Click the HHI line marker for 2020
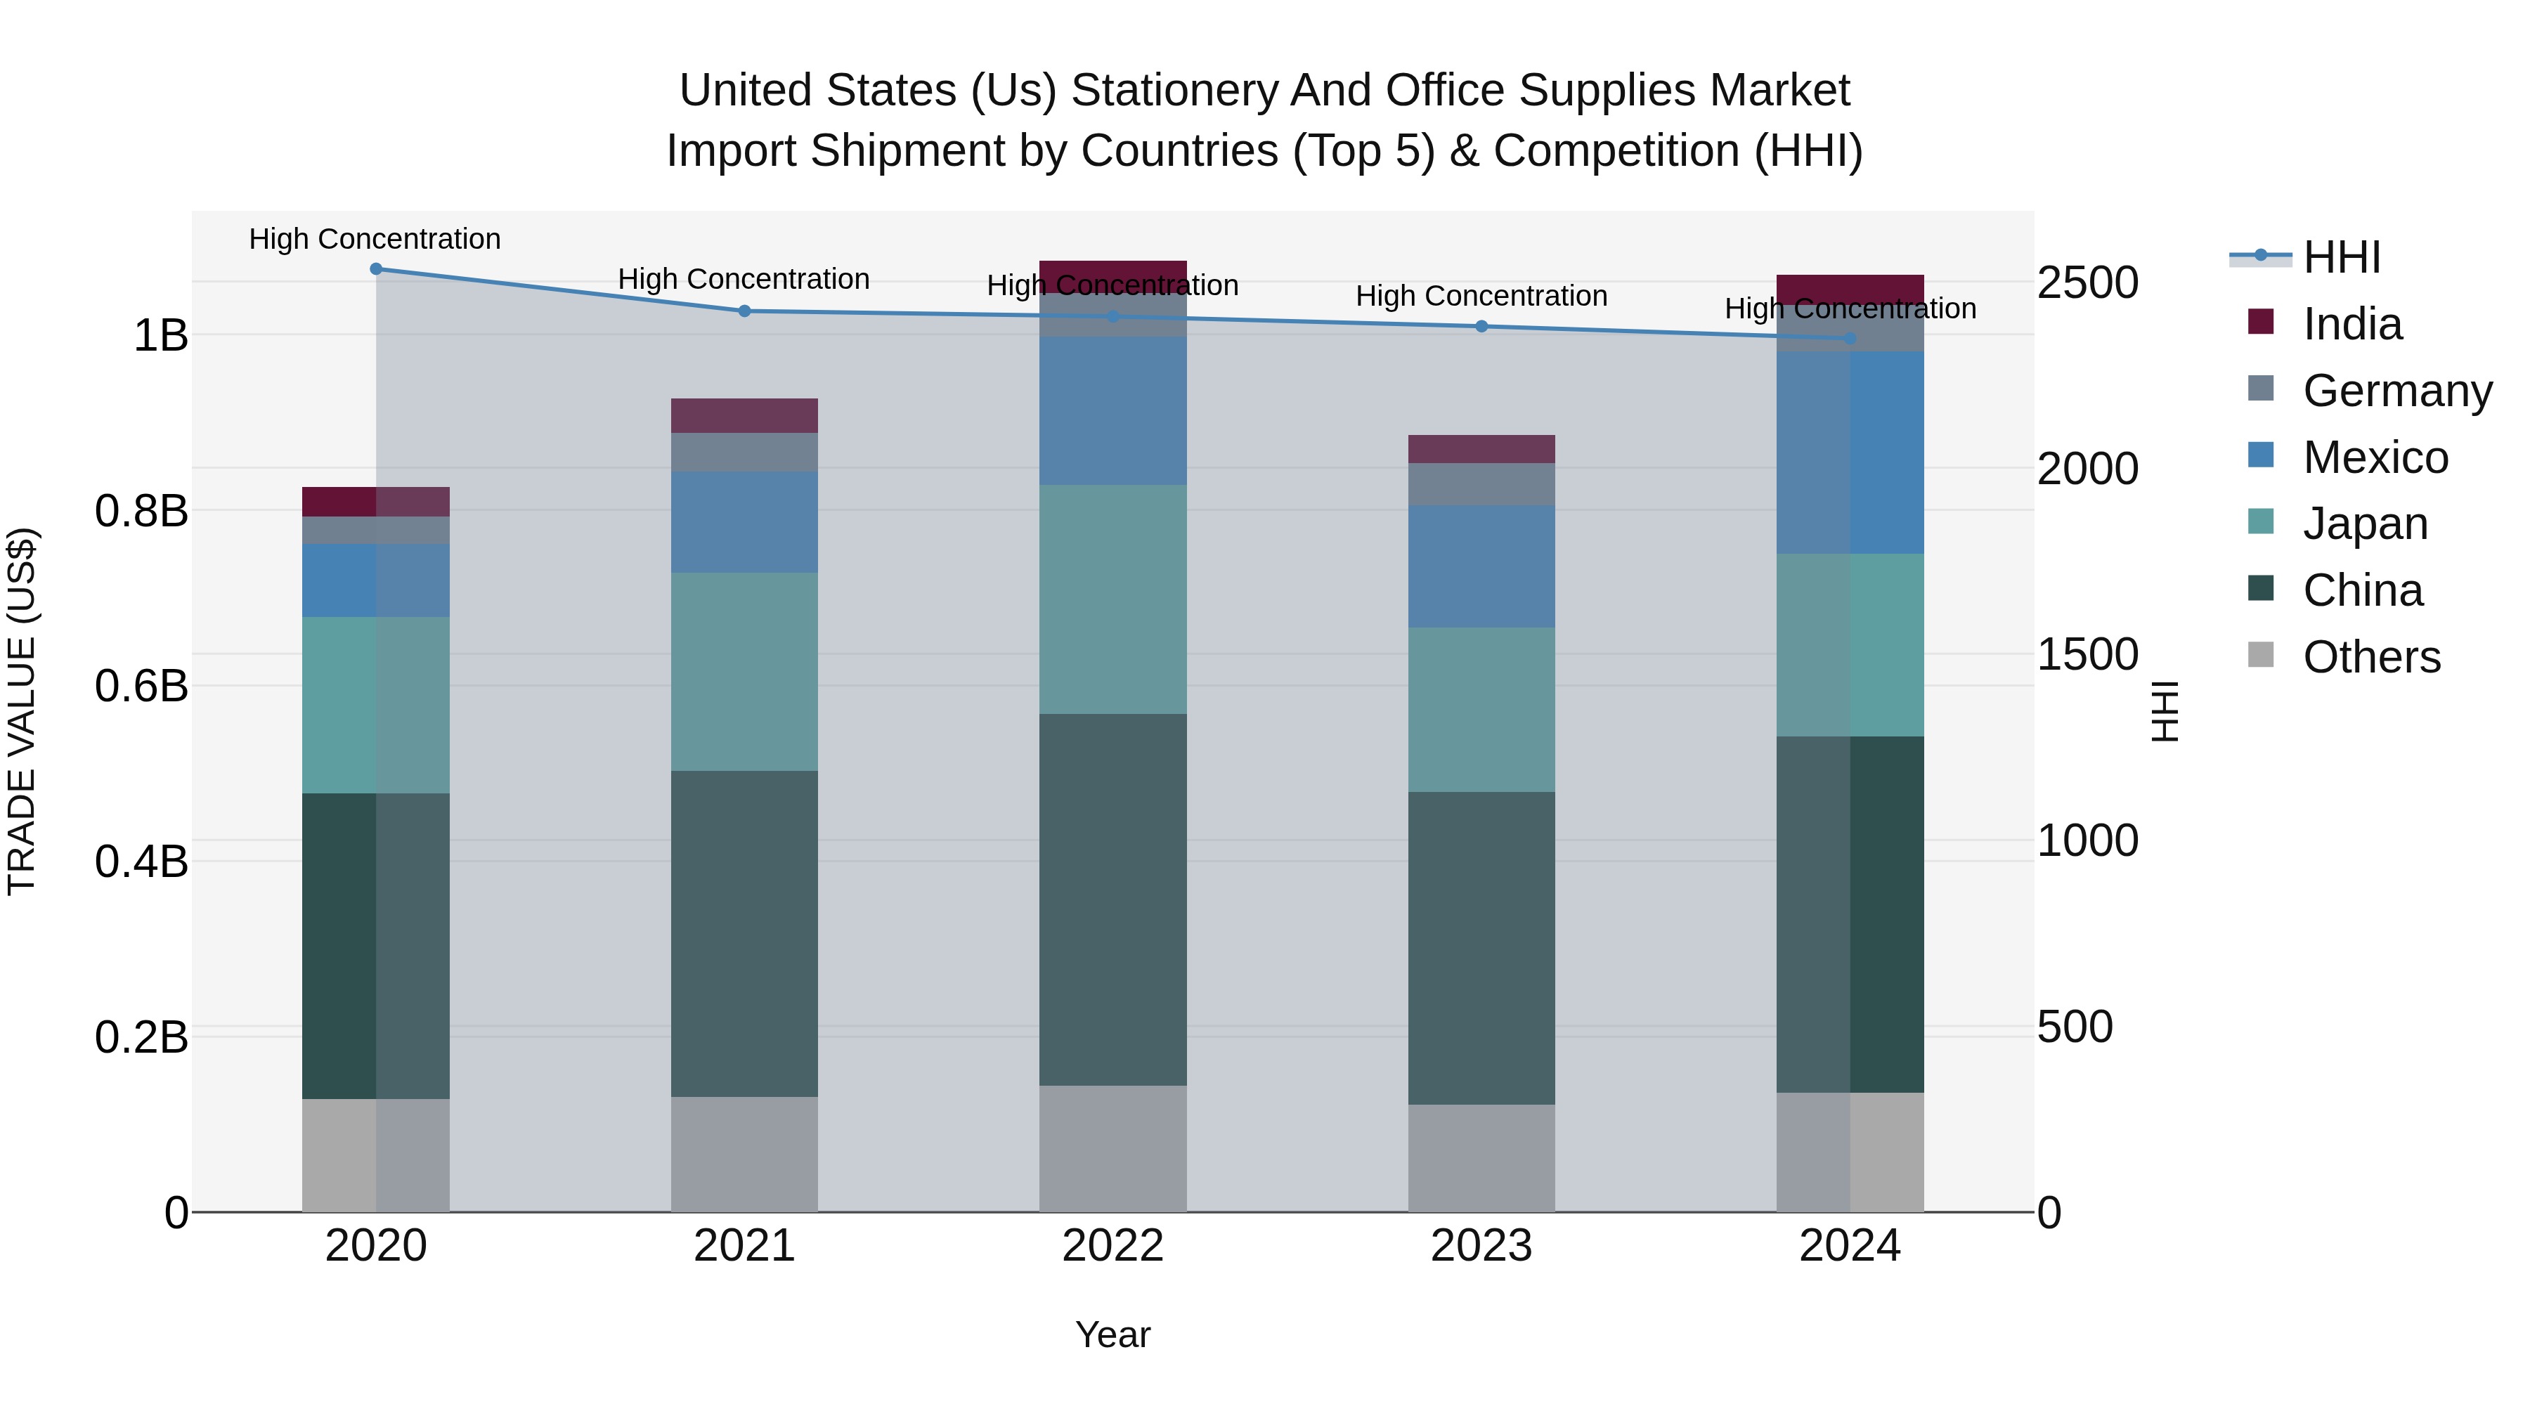(x=375, y=269)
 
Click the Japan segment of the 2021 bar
(x=744, y=671)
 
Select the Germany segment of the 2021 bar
(x=744, y=452)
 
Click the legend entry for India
(x=2351, y=324)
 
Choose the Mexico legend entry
(x=2375, y=457)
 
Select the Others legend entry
(x=2371, y=657)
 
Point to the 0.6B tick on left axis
(x=141, y=685)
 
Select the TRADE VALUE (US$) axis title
(x=22, y=711)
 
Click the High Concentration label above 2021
(x=744, y=279)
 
